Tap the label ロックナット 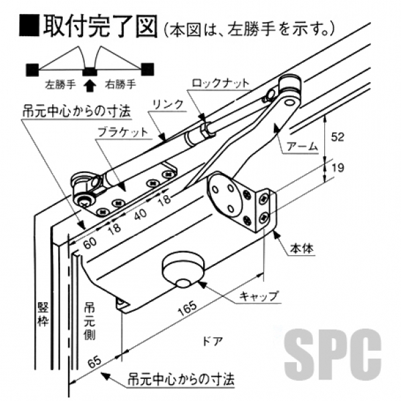click(x=221, y=84)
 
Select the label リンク click(x=162, y=104)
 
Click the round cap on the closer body click(x=182, y=270)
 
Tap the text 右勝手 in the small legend click(x=120, y=85)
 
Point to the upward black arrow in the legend click(x=90, y=85)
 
